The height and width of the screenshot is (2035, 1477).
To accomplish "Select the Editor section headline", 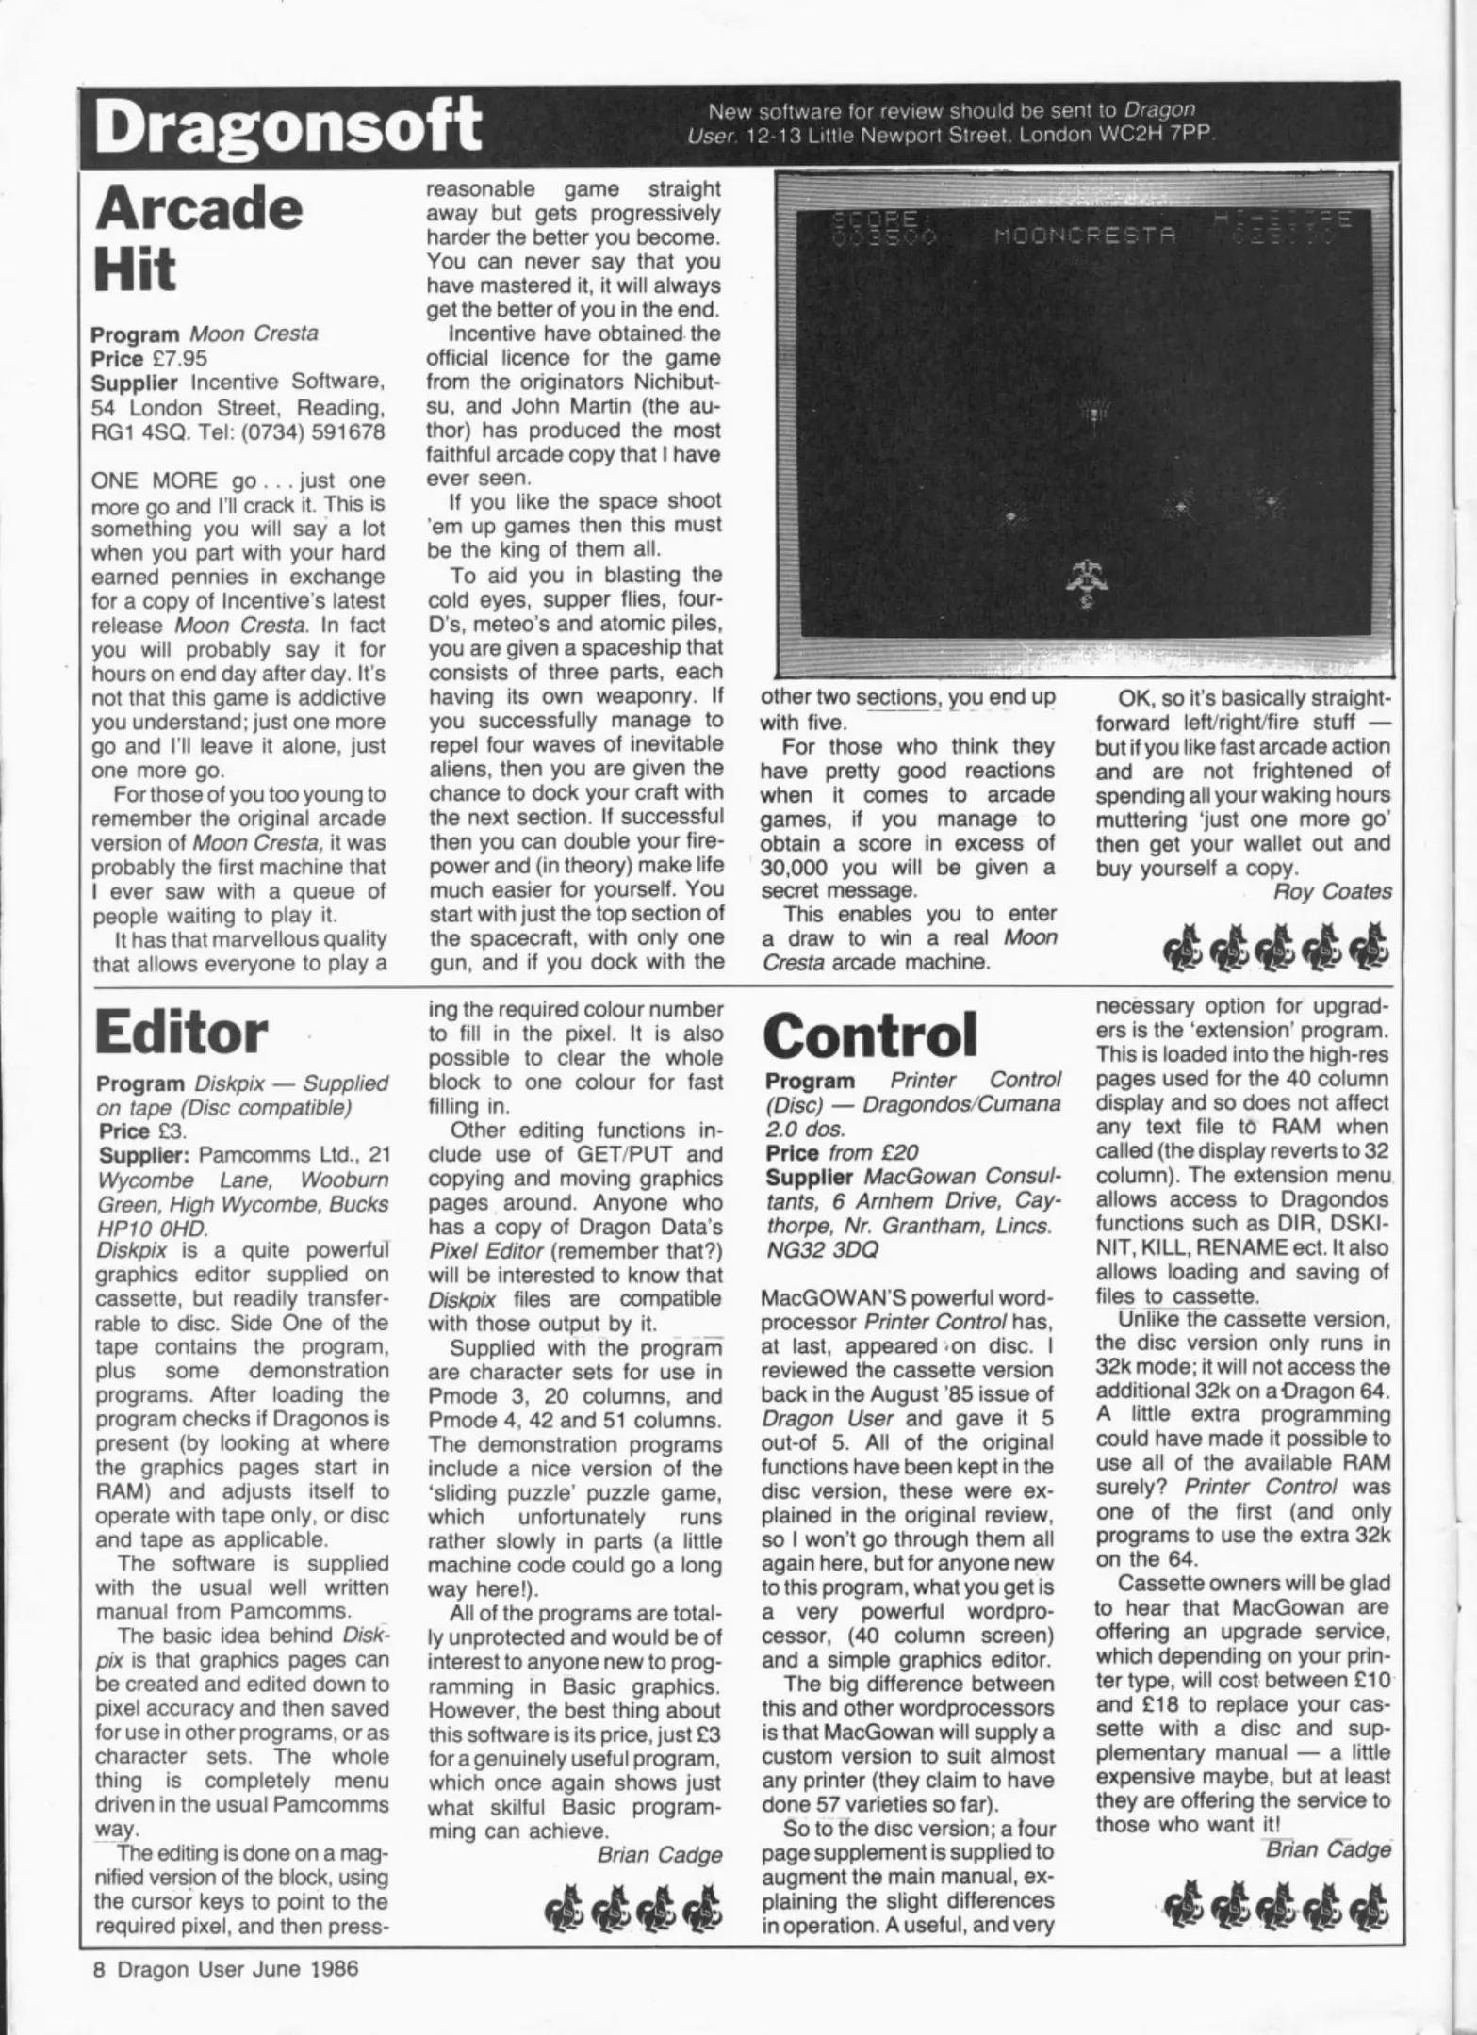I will click(x=181, y=1033).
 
